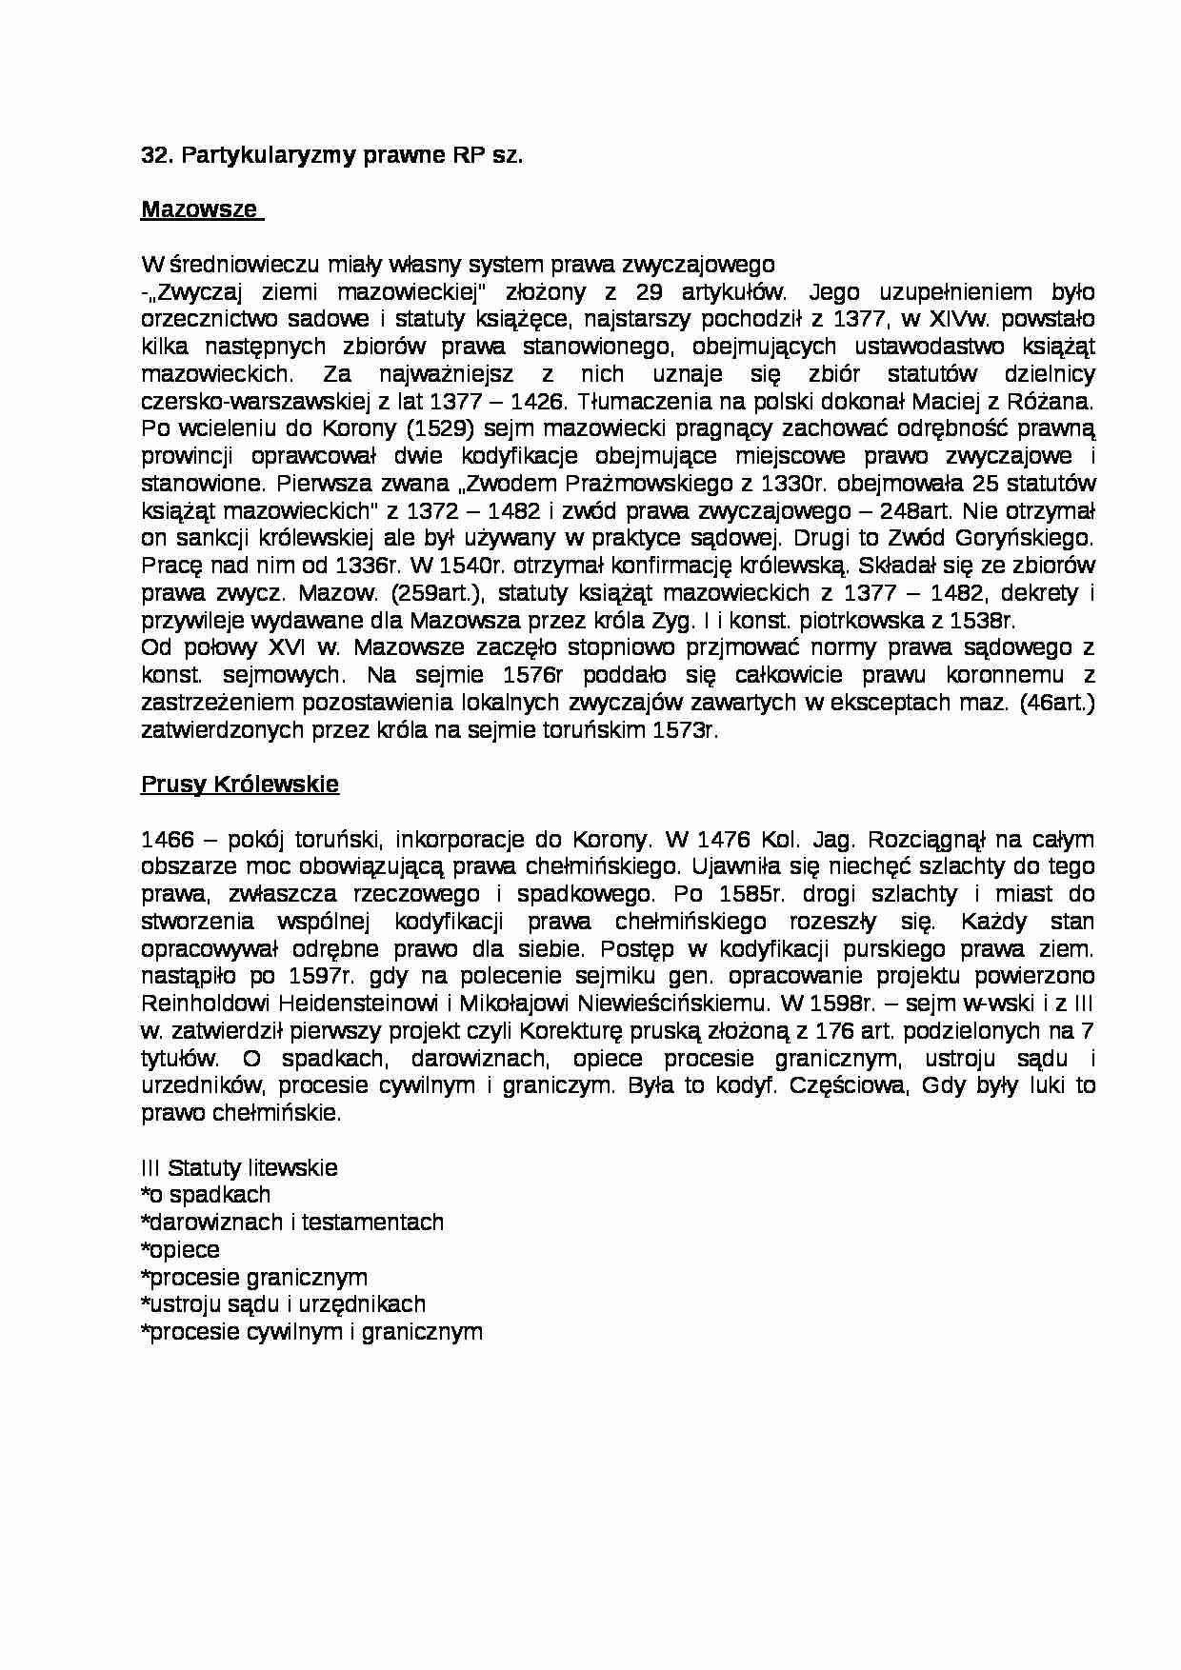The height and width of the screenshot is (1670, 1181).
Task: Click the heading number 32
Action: pos(154,155)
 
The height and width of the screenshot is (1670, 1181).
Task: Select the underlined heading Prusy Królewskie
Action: pos(240,785)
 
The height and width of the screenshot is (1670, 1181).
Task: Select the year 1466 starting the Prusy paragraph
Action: pos(168,840)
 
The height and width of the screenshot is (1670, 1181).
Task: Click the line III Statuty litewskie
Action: pos(239,1168)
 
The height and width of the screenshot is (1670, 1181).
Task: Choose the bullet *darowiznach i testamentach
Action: pos(292,1223)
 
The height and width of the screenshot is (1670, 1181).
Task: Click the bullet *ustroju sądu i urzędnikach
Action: pos(283,1304)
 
